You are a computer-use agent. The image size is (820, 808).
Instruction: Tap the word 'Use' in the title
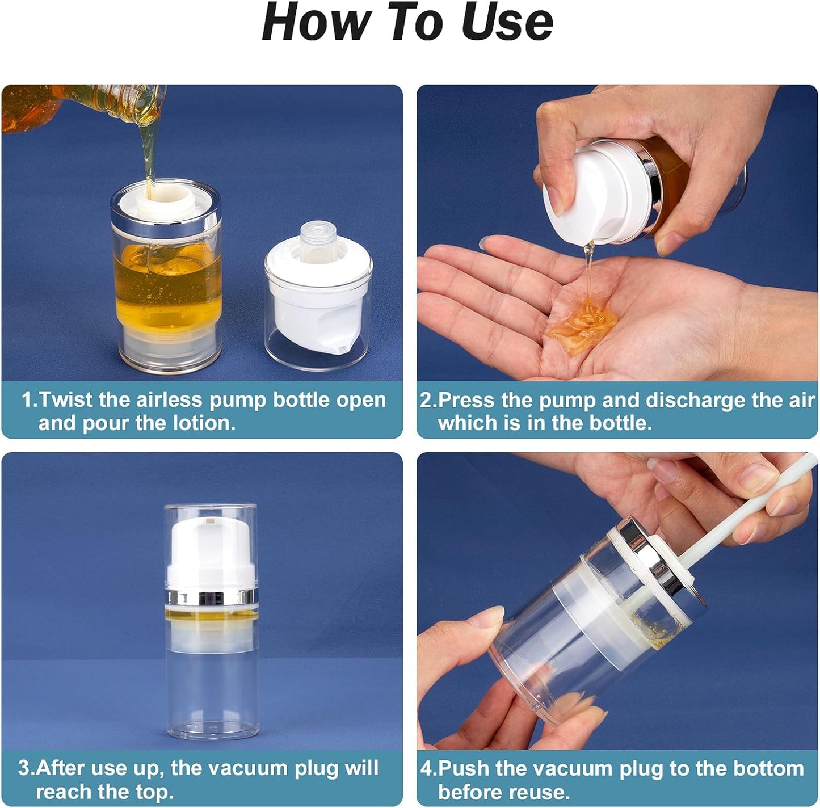click(x=507, y=23)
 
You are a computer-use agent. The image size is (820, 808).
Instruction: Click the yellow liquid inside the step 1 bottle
click(x=167, y=289)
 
